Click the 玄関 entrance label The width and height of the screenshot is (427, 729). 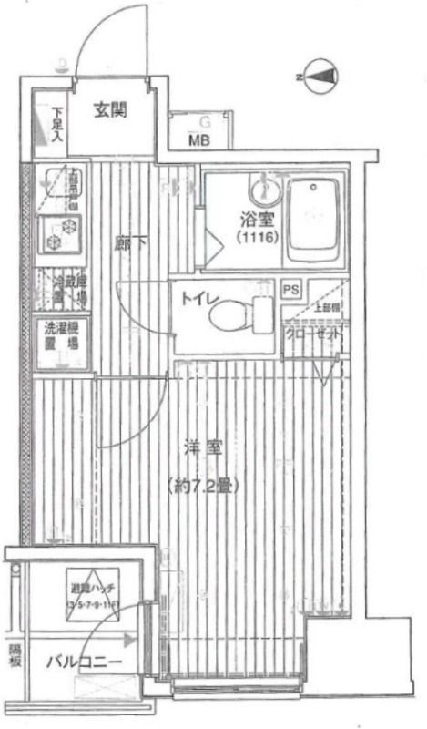click(x=110, y=111)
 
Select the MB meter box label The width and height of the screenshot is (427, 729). click(x=198, y=139)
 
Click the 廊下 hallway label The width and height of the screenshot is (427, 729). click(x=126, y=243)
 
